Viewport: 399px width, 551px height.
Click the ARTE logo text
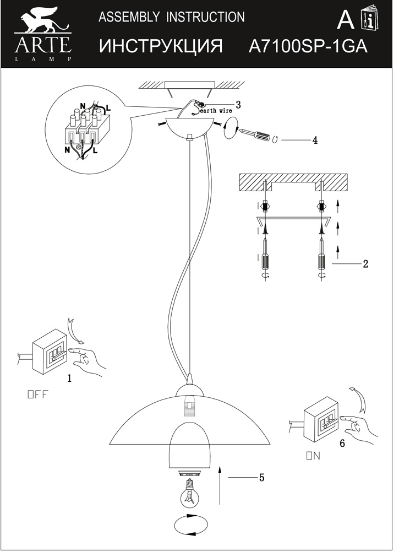tap(42, 43)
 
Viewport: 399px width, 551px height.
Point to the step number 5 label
tap(261, 477)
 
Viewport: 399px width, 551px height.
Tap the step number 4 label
tap(314, 140)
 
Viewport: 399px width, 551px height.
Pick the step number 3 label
tap(238, 104)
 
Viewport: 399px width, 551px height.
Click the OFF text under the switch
tap(38, 394)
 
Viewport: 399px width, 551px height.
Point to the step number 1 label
tap(69, 378)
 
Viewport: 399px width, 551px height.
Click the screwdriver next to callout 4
tap(255, 134)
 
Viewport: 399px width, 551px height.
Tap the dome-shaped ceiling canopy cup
tap(189, 127)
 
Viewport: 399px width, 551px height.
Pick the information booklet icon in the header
tap(368, 21)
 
